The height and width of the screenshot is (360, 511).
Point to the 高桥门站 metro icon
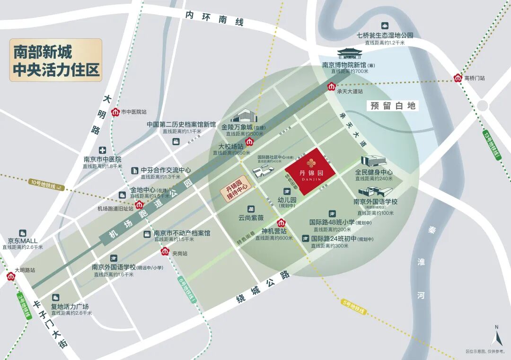pyautogui.click(x=458, y=78)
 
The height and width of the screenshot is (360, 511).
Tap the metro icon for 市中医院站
pyautogui.click(x=115, y=112)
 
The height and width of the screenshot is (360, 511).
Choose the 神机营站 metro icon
pyautogui.click(x=281, y=223)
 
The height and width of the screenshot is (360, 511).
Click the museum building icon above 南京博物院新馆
pyautogui.click(x=350, y=53)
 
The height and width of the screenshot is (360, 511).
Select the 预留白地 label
pyautogui.click(x=393, y=105)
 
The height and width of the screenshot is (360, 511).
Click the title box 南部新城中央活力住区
pyautogui.click(x=56, y=60)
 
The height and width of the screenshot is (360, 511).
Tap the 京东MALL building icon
pyautogui.click(x=22, y=233)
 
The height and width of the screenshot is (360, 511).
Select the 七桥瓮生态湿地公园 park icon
pyautogui.click(x=385, y=26)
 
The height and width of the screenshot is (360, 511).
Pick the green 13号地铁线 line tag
pyautogui.click(x=492, y=144)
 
